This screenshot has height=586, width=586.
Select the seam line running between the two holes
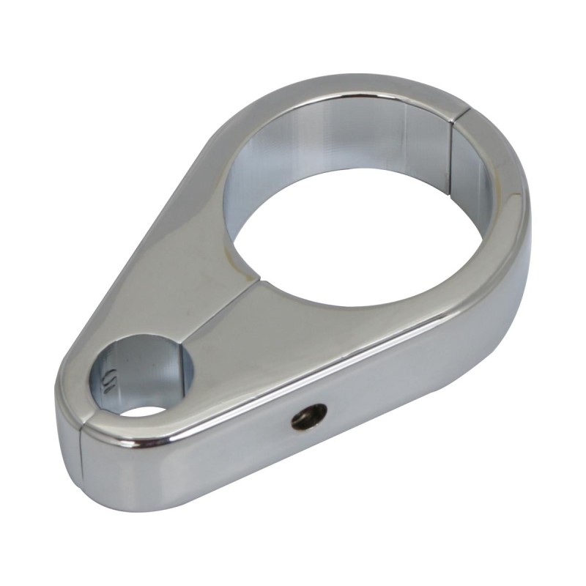point(227,315)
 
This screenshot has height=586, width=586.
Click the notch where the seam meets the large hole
point(260,279)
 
